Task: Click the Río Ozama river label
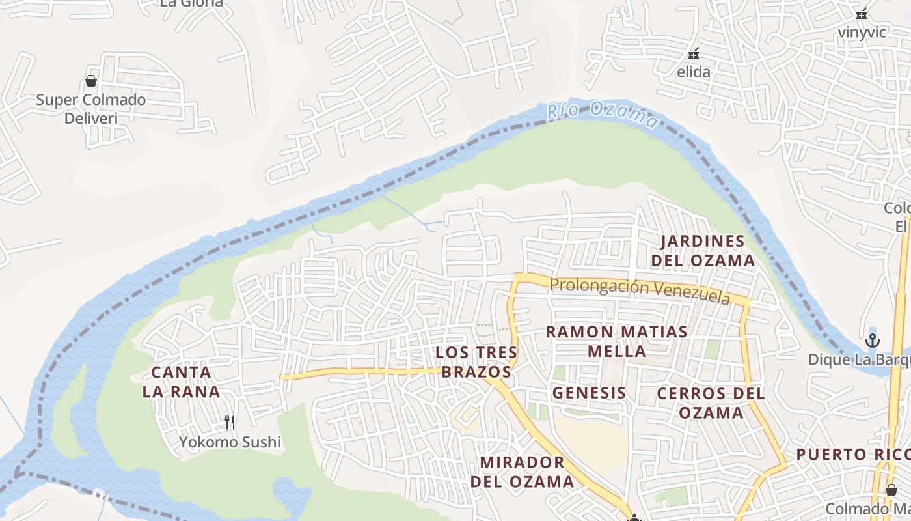[x=602, y=115]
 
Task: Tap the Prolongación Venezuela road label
[x=639, y=290]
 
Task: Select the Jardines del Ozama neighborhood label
[x=707, y=251]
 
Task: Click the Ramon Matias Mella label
[x=616, y=341]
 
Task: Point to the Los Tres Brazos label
[x=476, y=362]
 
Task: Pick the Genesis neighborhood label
[x=589, y=393]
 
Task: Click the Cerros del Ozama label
[x=711, y=403]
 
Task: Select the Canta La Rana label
[x=182, y=382]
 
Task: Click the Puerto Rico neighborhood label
[x=853, y=455]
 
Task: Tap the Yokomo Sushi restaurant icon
[x=230, y=423]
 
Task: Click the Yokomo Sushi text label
[x=230, y=442]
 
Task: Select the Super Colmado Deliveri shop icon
[x=91, y=81]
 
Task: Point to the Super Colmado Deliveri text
[x=90, y=109]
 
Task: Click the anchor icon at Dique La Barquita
[x=872, y=341]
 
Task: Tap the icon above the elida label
[x=694, y=53]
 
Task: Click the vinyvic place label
[x=862, y=32]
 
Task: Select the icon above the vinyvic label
[x=862, y=13]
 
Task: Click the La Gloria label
[x=191, y=3]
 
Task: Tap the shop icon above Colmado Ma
[x=891, y=489]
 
